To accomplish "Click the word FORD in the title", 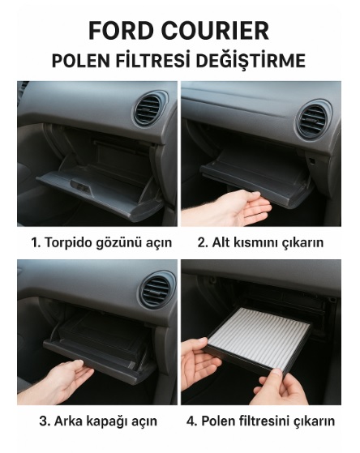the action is [x=121, y=31].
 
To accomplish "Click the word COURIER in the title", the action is [x=216, y=31].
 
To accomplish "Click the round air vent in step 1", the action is [x=148, y=110].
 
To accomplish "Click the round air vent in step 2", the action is [x=313, y=120].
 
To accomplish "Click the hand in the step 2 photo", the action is [x=231, y=208].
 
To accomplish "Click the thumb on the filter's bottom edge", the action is [x=276, y=375].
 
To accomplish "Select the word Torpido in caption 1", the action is [x=68, y=243].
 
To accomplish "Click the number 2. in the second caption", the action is [x=203, y=242].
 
